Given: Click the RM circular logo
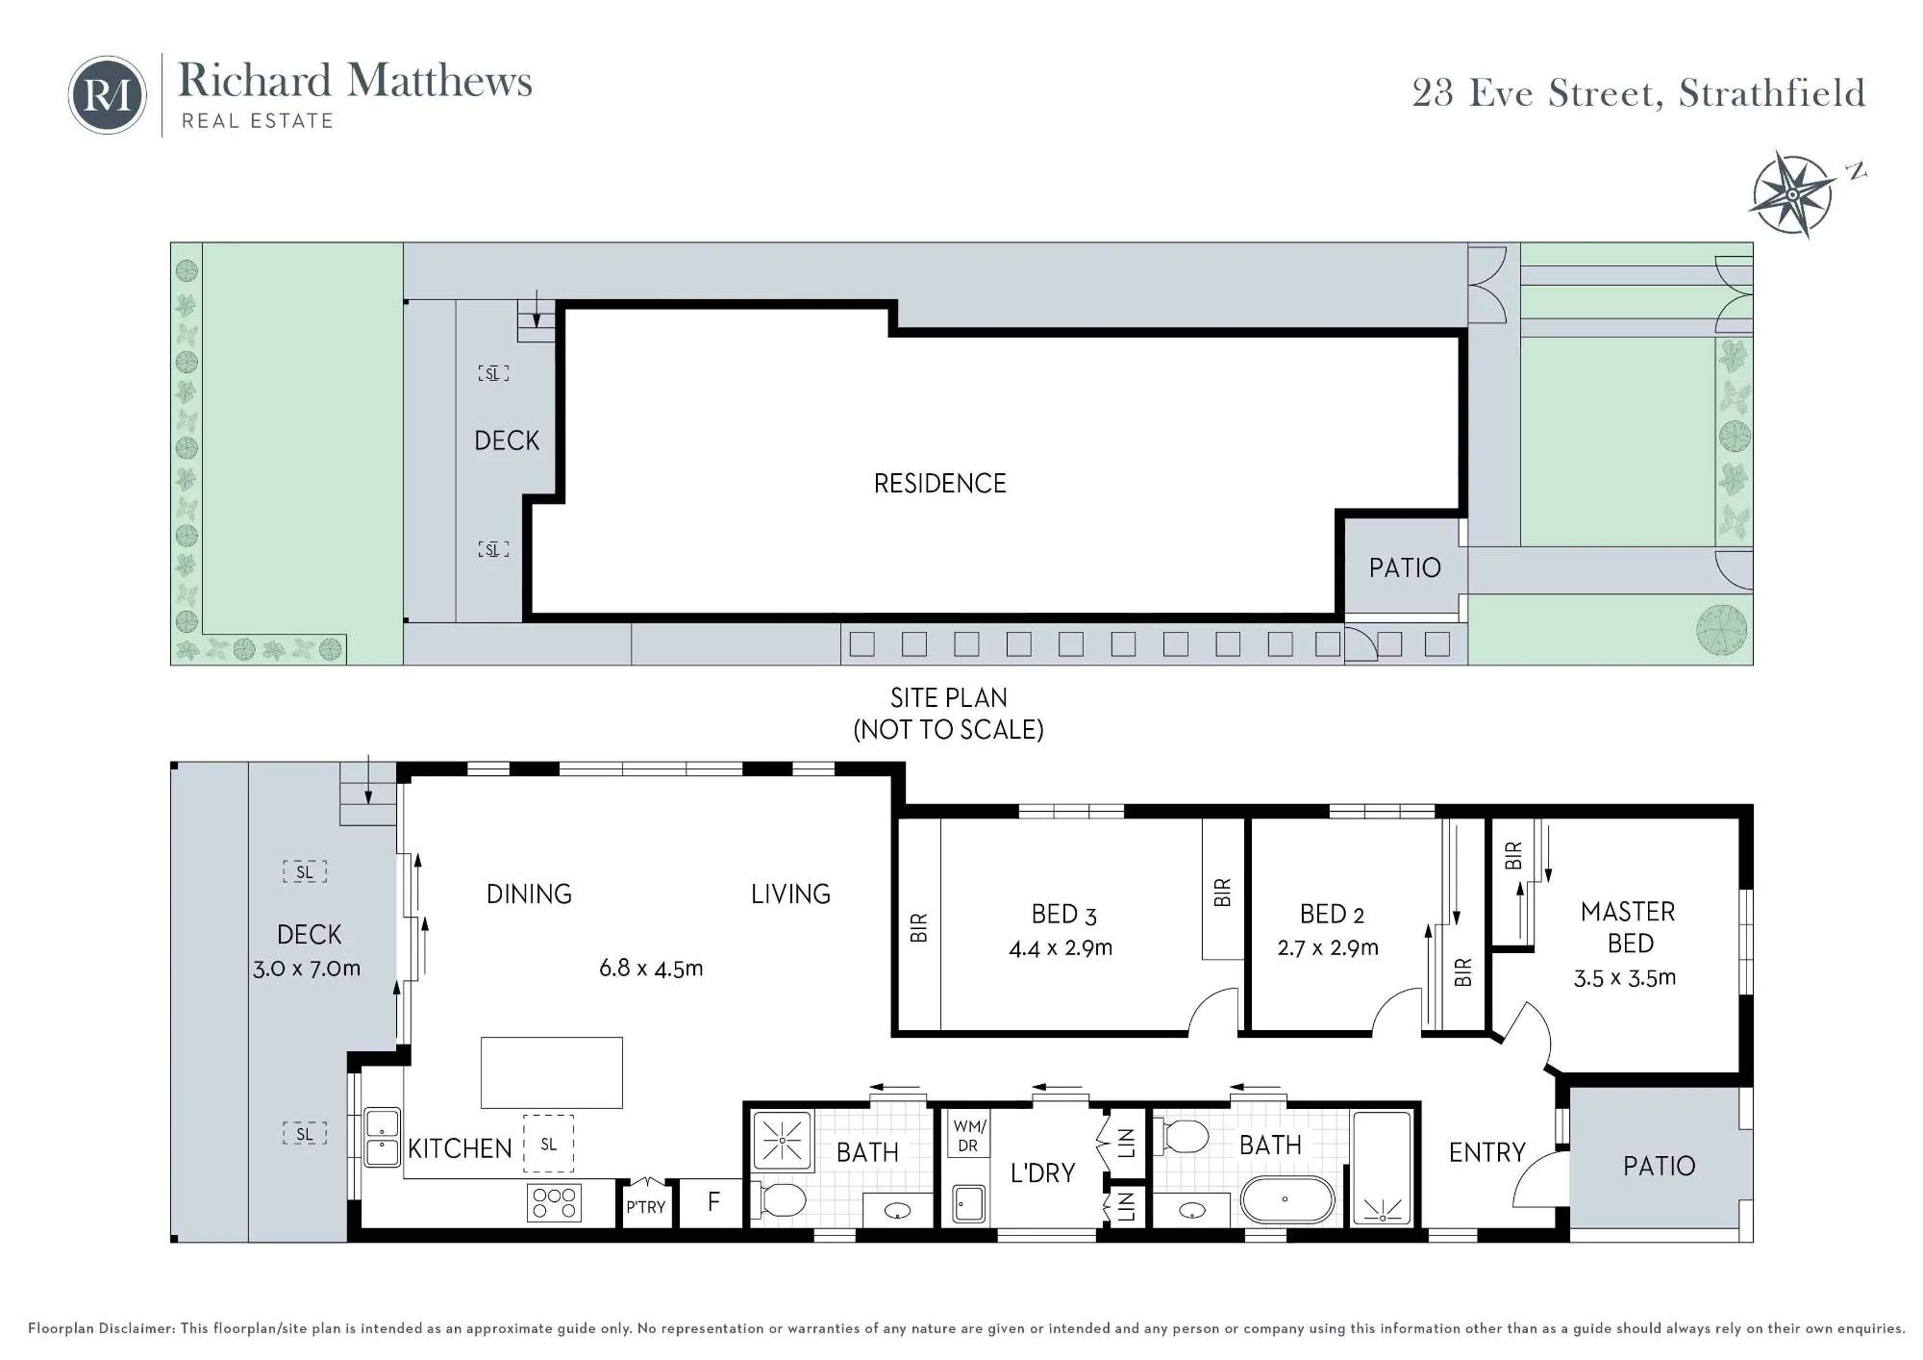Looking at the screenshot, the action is pyautogui.click(x=107, y=94).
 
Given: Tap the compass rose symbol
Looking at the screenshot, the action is pyautogui.click(x=1792, y=194).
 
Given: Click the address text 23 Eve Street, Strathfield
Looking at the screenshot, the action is pyautogui.click(x=1638, y=93).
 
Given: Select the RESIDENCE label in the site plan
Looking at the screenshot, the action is pyautogui.click(x=939, y=483).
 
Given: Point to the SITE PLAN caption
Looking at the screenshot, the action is pyautogui.click(x=948, y=697).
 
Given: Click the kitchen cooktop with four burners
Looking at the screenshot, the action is pyautogui.click(x=554, y=1203).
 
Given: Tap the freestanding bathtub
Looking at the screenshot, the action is pyautogui.click(x=1286, y=1199).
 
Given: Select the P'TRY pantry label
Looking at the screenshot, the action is pyautogui.click(x=645, y=1207).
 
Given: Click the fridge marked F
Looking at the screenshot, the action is pyautogui.click(x=712, y=1202).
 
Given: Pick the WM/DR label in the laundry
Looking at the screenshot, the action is pyautogui.click(x=967, y=1135).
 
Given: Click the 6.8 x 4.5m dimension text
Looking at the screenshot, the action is pyautogui.click(x=651, y=968).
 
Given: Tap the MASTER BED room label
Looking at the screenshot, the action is pyautogui.click(x=1628, y=927).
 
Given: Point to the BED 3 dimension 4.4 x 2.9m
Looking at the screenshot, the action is pyautogui.click(x=1061, y=948).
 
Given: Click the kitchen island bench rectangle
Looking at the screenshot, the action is pyautogui.click(x=552, y=1072).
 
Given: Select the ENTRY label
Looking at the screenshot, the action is pyautogui.click(x=1486, y=1152).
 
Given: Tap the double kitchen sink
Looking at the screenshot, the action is pyautogui.click(x=382, y=1138).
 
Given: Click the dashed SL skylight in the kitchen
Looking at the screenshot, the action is pyautogui.click(x=548, y=1144).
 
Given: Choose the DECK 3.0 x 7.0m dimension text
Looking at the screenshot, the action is pyautogui.click(x=307, y=969).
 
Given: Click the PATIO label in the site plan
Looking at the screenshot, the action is pyautogui.click(x=1405, y=567).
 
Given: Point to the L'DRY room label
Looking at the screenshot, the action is pyautogui.click(x=1042, y=1173).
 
